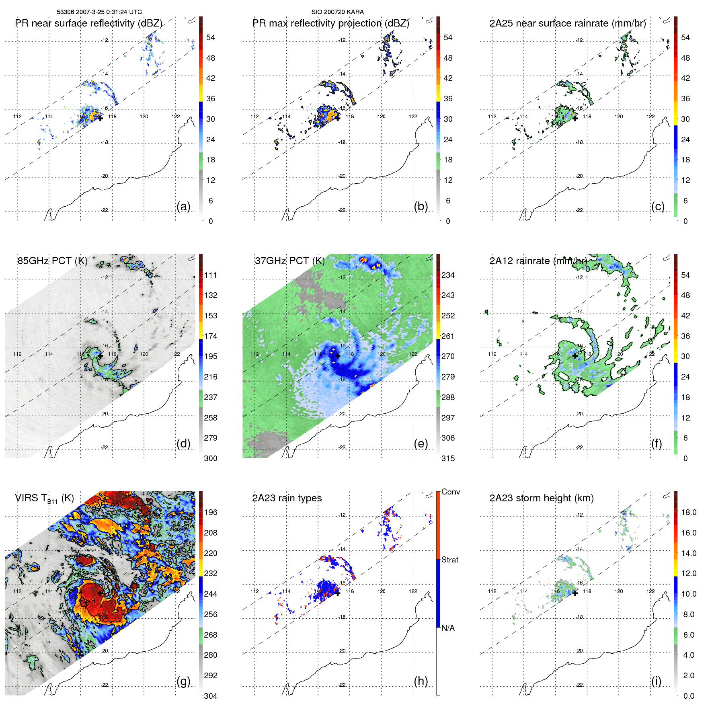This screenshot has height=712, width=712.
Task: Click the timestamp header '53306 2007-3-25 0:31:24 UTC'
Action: coord(99,12)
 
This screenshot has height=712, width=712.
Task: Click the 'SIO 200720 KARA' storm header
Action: coord(337,12)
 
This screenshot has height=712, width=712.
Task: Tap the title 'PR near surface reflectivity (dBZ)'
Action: coord(88,23)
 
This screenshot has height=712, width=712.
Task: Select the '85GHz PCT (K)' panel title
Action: coord(52,261)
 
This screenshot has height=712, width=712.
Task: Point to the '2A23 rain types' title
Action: coord(287,498)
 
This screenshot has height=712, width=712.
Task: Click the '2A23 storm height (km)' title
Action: coord(541,498)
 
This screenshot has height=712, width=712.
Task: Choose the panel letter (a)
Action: coord(183,206)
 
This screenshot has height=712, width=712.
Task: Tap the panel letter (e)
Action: coord(421,443)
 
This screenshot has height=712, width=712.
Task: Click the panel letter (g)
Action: coord(183,681)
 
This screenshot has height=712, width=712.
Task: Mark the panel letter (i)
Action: coord(656,681)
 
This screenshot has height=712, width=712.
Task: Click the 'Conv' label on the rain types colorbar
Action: coord(450,492)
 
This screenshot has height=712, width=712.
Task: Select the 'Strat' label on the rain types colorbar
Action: coord(449,560)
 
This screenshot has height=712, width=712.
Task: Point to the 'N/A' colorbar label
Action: coord(448,628)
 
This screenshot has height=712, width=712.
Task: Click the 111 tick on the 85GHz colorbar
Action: coord(211,275)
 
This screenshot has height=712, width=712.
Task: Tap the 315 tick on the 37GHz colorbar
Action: coord(448,458)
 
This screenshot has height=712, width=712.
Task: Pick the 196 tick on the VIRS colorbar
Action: coord(211,512)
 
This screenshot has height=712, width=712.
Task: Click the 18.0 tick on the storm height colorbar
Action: coord(688,512)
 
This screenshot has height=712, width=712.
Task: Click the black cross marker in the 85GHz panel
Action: coord(100,356)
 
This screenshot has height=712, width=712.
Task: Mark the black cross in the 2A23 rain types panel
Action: coord(338,593)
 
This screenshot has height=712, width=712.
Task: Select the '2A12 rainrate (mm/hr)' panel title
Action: coord(538,261)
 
